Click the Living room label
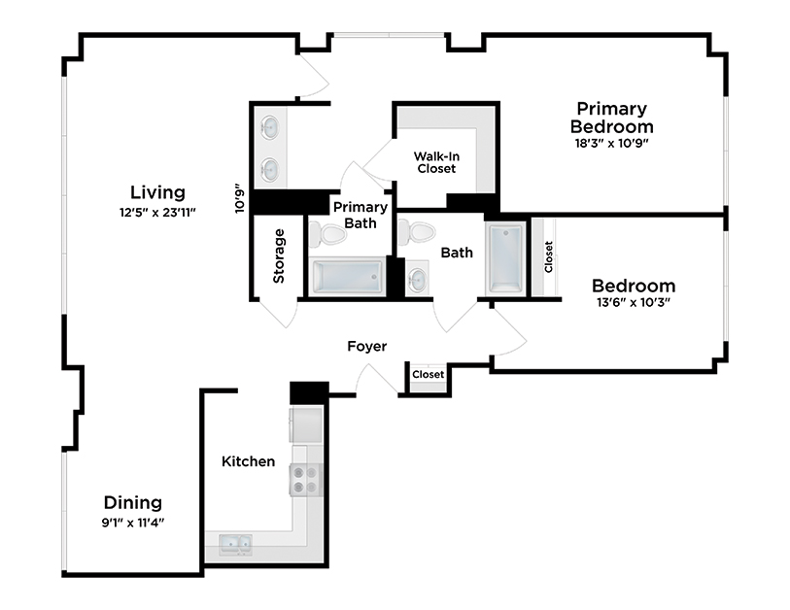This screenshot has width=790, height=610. [158, 192]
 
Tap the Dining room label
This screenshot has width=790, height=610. [133, 502]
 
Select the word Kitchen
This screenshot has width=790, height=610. [248, 461]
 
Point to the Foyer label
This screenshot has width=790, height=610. [367, 346]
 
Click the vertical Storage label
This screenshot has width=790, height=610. [280, 255]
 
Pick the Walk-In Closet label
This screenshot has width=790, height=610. [436, 162]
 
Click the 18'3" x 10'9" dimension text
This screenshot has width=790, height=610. [611, 143]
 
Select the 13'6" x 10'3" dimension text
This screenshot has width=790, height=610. [633, 302]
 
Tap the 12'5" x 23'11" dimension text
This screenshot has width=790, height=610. [157, 212]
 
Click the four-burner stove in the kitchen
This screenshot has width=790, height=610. [306, 479]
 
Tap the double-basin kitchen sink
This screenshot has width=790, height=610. [234, 545]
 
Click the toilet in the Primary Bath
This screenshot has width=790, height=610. [326, 234]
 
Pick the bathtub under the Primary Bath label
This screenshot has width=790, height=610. [347, 276]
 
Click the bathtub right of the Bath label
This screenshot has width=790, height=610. [504, 259]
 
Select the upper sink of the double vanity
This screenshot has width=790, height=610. [269, 127]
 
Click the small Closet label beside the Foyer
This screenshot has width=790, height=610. [428, 374]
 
